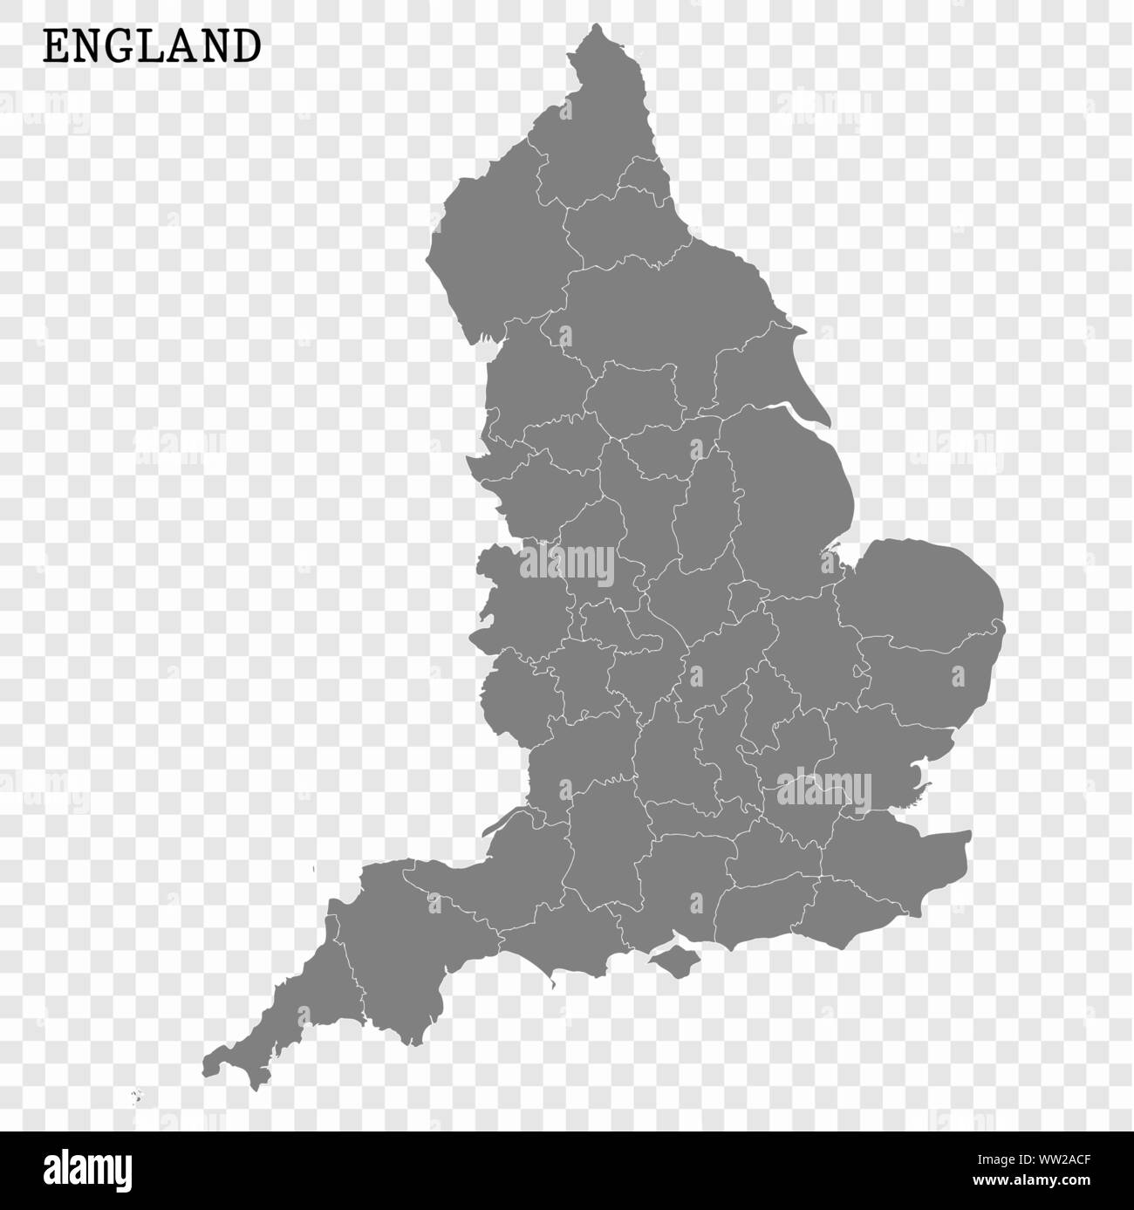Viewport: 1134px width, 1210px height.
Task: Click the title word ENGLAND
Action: (x=152, y=47)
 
